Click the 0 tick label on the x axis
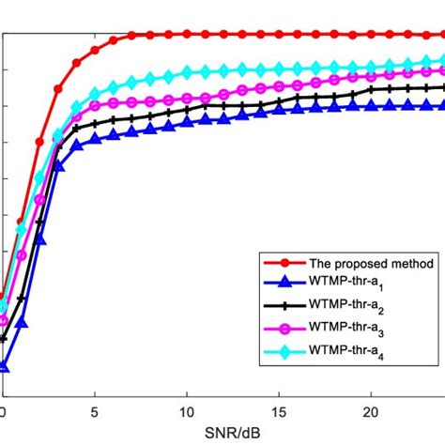click(x=3, y=412)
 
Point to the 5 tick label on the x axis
click(x=95, y=412)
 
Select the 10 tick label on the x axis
click(x=187, y=412)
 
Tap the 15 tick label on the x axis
click(x=279, y=412)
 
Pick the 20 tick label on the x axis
click(x=371, y=412)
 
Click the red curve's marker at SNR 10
click(x=187, y=35)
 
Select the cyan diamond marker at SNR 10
click(x=187, y=71)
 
